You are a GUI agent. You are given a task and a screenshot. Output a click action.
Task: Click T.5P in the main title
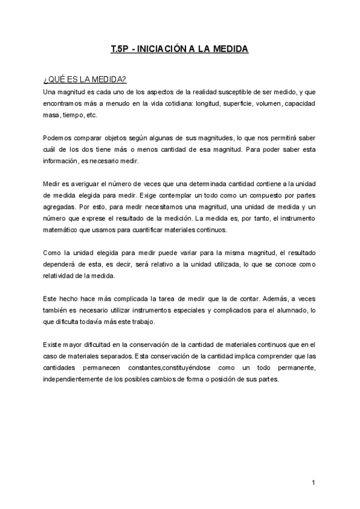point(120,49)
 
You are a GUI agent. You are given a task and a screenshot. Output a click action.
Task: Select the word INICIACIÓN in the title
point(160,49)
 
